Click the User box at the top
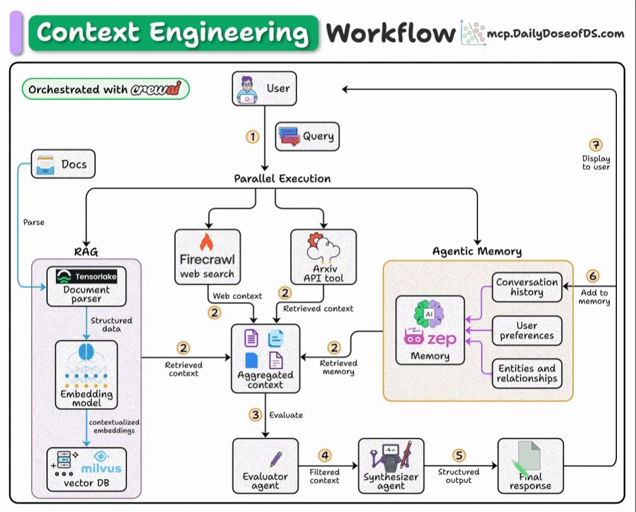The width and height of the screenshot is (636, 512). coord(264,88)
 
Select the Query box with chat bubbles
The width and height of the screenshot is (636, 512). coord(307,136)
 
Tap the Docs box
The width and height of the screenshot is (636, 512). coord(63,164)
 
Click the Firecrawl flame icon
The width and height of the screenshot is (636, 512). coord(206,242)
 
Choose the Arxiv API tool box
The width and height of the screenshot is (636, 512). coord(323,257)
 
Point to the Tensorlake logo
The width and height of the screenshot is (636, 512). coord(86,277)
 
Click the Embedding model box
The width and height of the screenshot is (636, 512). coord(86,375)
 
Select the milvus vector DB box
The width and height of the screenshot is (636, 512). coord(86,469)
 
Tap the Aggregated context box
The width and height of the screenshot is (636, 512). coord(265,358)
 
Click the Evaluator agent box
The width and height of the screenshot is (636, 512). coord(265,466)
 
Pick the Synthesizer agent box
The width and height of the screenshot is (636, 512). coord(391,466)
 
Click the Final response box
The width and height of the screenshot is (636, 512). coord(530,466)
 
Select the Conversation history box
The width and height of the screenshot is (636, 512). coord(527,287)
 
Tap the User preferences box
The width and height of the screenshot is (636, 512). coord(527,330)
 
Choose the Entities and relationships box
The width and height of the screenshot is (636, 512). coord(527,374)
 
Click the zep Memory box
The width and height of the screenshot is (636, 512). coord(430,330)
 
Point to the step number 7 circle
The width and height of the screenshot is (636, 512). coord(595,145)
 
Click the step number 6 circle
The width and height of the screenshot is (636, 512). coord(593,276)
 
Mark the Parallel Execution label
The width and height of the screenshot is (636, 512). coord(282,179)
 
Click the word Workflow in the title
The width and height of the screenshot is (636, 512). coord(390,33)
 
